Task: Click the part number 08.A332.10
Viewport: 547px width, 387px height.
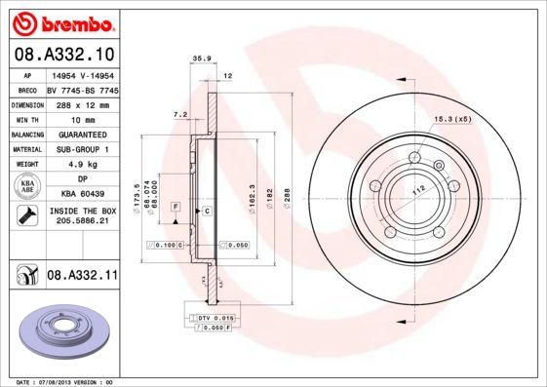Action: [x=66, y=53]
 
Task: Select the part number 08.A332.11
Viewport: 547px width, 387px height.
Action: [x=83, y=277]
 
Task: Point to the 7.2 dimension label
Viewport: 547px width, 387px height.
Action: [x=179, y=114]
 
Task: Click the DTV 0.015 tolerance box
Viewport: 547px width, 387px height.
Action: [x=212, y=319]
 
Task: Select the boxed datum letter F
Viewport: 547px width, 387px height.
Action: [x=175, y=208]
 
